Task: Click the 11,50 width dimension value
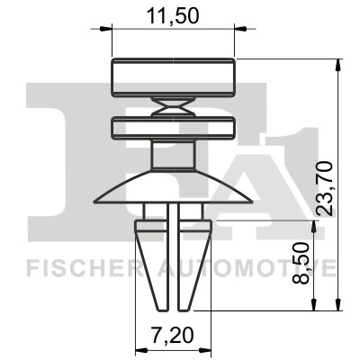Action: tap(173, 16)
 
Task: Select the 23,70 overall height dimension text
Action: tap(326, 188)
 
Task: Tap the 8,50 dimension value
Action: tap(301, 263)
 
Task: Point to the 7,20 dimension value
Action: tap(172, 335)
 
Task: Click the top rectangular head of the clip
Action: tap(173, 77)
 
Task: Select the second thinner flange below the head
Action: tap(173, 128)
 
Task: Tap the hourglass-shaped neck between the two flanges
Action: tap(173, 107)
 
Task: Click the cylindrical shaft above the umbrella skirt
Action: tap(173, 156)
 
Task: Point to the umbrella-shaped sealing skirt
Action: tap(173, 187)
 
